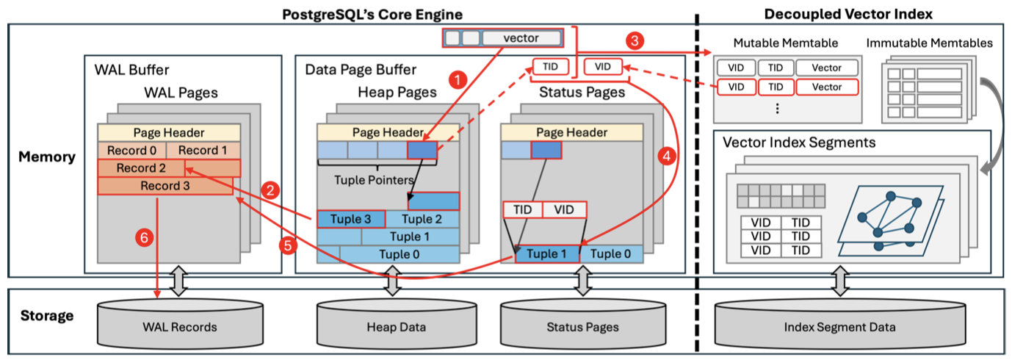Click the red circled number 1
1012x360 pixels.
pos(458,79)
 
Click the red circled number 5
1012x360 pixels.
pos(289,246)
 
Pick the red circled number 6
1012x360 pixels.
pos(143,237)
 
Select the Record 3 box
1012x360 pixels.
pos(165,186)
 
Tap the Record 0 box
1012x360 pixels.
pos(131,151)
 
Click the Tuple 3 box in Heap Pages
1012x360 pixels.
pos(350,219)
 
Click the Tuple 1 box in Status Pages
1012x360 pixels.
pos(546,254)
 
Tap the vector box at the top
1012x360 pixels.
pos(521,37)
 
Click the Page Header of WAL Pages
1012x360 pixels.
pos(168,133)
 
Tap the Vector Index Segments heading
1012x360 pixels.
pos(799,142)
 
